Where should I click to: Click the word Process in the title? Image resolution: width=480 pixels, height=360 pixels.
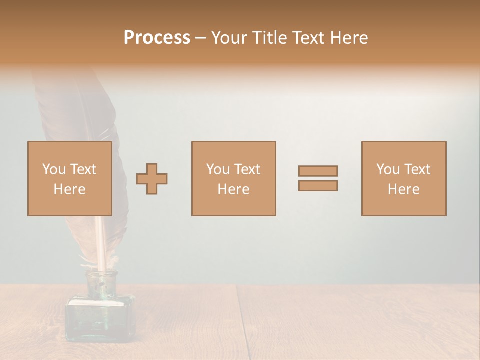[x=157, y=38]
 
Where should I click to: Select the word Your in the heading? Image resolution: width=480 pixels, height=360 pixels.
[x=229, y=38]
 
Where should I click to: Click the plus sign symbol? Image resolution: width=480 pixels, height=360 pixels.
[x=152, y=178]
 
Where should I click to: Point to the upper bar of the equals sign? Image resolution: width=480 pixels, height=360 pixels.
[x=318, y=171]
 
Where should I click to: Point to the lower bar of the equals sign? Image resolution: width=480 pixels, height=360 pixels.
[x=318, y=185]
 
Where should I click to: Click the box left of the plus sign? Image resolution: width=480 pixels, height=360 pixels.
[x=69, y=178]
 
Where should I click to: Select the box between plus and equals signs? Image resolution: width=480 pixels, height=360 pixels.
[x=233, y=178]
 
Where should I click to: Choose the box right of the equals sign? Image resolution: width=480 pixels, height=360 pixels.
[x=403, y=178]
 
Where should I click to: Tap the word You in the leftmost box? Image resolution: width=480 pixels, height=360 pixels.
[x=54, y=169]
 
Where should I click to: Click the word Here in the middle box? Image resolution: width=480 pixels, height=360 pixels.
[x=233, y=189]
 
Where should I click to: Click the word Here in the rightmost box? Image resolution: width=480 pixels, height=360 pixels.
[x=403, y=189]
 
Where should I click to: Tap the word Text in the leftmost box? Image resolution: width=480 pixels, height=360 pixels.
[x=82, y=169]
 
